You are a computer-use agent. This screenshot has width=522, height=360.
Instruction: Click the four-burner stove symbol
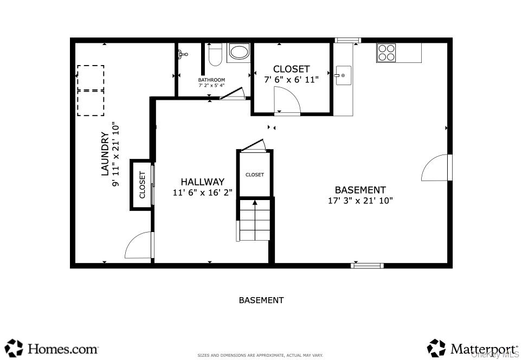coord(386,53)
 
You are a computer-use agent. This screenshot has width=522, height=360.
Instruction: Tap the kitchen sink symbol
coord(343,75)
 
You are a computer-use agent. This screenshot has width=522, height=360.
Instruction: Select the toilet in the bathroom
coord(215,55)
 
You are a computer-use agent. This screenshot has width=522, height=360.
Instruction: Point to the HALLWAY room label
coord(202,182)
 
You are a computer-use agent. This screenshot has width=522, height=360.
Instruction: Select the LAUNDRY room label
coord(105,154)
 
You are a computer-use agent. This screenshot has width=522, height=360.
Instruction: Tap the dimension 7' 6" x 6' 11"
coord(291,79)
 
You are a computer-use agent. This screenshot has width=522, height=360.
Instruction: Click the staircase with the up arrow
coord(254,219)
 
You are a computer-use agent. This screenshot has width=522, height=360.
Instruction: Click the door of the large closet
coord(287,102)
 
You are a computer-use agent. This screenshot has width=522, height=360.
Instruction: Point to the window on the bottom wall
coord(367,265)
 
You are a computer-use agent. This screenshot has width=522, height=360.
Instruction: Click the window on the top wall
coord(347,40)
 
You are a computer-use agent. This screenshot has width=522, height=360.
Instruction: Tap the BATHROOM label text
coord(211,80)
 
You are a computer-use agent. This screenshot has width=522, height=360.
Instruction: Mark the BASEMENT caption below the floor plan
coord(261,300)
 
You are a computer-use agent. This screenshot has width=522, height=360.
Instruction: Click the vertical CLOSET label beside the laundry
coord(143,185)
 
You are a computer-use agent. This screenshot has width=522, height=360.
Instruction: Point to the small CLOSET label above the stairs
coord(254,175)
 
